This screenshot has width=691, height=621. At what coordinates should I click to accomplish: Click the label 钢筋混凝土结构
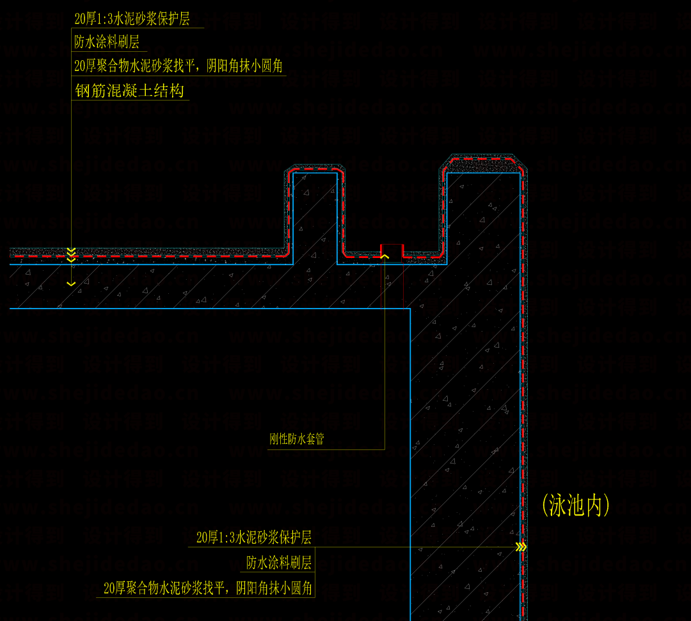(x=130, y=92)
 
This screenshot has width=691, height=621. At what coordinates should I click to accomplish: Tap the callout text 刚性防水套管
(x=296, y=440)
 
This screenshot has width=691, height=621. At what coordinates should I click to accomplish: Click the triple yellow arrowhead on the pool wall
(x=521, y=547)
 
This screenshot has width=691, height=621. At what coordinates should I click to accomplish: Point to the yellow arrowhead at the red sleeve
(x=385, y=256)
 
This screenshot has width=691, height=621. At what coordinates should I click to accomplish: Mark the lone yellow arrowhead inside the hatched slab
(x=71, y=283)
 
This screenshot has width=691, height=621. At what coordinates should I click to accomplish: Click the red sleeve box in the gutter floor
(x=392, y=251)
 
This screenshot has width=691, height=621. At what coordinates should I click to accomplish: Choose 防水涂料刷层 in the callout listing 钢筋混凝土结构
(x=107, y=43)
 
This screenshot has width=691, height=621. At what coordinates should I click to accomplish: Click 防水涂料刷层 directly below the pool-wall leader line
(x=279, y=563)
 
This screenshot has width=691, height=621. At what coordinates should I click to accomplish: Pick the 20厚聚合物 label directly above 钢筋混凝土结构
(x=179, y=66)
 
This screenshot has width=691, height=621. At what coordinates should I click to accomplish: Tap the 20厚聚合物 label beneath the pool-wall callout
(x=209, y=588)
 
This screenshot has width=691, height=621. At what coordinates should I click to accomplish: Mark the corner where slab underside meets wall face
(x=410, y=309)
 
